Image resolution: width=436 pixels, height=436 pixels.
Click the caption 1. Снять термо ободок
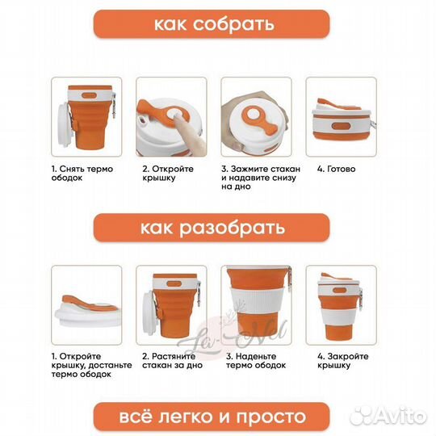coord(82,174)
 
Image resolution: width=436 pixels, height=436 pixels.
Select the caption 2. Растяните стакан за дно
coord(170,360)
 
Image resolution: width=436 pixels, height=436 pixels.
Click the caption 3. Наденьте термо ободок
coord(255,360)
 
